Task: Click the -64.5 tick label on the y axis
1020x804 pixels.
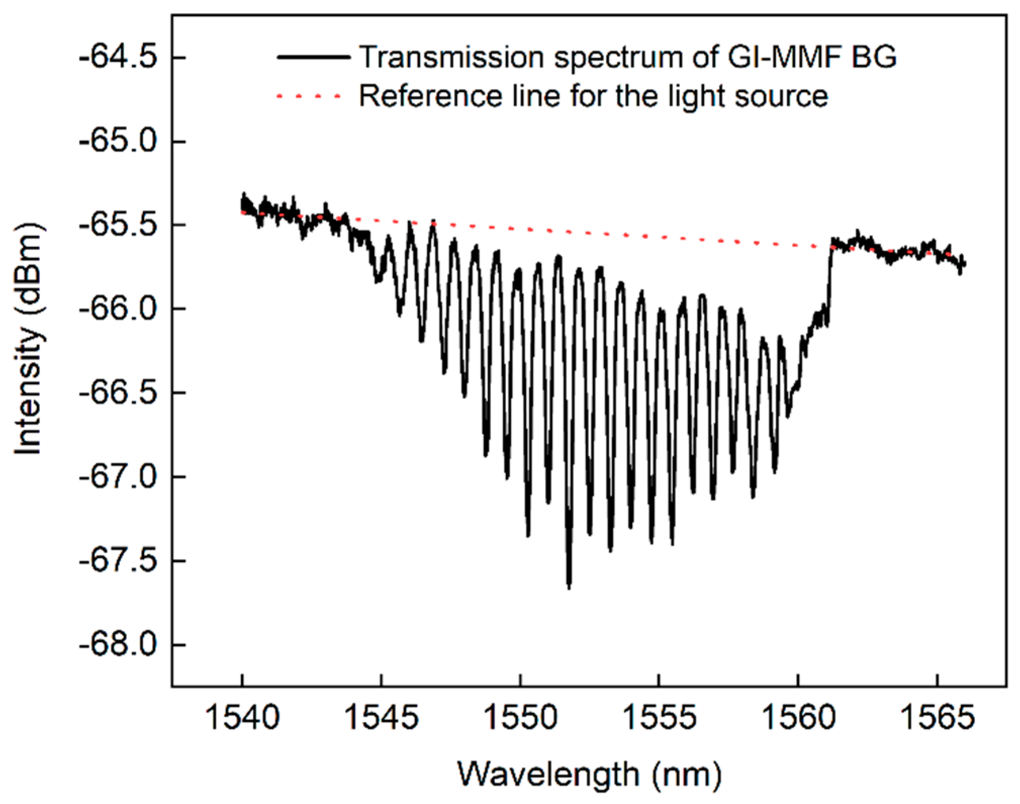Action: click(117, 58)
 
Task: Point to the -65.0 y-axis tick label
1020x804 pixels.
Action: click(117, 141)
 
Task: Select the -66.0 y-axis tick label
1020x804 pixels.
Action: click(117, 309)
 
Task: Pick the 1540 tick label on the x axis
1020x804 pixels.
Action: click(242, 717)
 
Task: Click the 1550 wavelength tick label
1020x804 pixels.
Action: click(520, 717)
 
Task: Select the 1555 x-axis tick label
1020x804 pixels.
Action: click(659, 717)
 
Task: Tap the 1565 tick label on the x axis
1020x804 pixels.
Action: click(937, 717)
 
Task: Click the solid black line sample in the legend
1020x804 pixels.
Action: click(313, 57)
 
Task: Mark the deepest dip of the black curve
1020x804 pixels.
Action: click(569, 586)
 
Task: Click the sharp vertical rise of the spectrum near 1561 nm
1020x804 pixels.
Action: click(829, 283)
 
